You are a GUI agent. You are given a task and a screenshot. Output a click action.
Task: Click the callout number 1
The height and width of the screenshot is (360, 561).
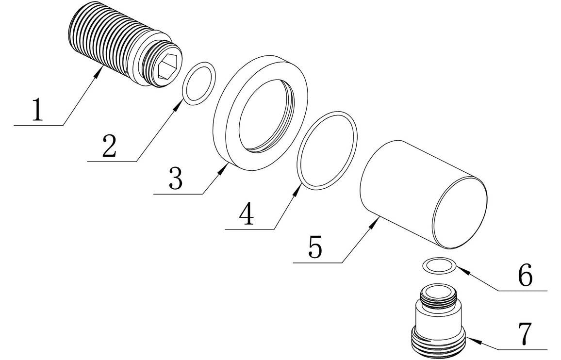click(x=37, y=111)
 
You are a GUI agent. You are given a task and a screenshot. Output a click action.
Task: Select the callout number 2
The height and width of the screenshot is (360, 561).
click(x=109, y=146)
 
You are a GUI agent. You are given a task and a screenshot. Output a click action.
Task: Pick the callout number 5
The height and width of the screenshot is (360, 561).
click(x=314, y=248)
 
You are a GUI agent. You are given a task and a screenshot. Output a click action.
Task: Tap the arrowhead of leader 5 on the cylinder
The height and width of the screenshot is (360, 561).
click(x=378, y=221)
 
